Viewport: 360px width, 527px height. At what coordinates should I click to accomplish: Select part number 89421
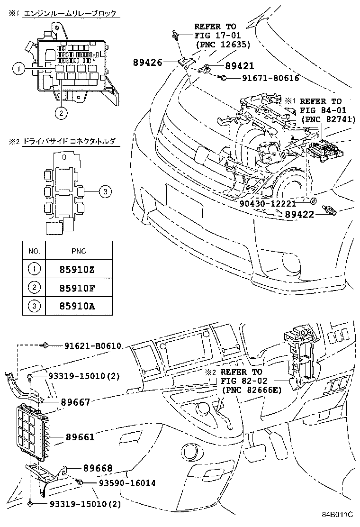pos(239,67)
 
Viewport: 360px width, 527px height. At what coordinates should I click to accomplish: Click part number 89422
pos(300,214)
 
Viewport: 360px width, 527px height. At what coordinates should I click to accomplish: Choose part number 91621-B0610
pos(93,346)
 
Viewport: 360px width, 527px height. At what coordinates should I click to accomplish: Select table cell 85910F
pos(78,287)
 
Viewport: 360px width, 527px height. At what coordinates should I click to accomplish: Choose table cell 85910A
pos(78,306)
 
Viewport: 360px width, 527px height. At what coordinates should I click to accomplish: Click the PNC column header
pos(78,251)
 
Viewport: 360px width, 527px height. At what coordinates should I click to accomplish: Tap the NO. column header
pos(34,251)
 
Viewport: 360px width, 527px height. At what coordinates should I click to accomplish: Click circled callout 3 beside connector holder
pos(105,191)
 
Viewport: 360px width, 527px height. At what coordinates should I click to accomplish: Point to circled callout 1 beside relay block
pos(18,69)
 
